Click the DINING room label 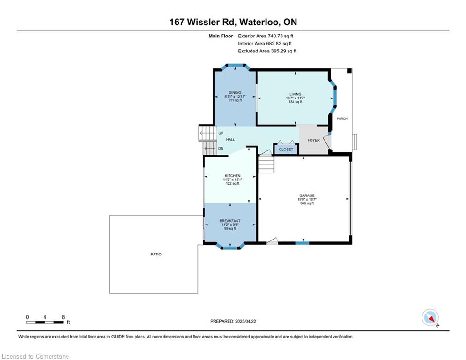coord(235,92)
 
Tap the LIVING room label coord(296,94)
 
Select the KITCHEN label coord(233,176)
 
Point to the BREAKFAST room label coord(230,221)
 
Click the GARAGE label coord(307,195)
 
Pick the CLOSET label coord(286,150)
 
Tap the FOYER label coord(313,140)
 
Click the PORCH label coord(342,119)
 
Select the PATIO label coord(156,254)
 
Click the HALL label coord(230,139)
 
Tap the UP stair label coord(221,133)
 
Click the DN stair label coord(221,148)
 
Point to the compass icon coord(430,317)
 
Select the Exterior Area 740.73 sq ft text coord(266,36)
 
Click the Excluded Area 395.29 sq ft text coord(267,51)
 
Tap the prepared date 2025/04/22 coord(245,321)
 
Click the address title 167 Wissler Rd coord(203,22)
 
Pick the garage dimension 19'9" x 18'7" coord(307,199)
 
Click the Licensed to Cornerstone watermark coord(35,356)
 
